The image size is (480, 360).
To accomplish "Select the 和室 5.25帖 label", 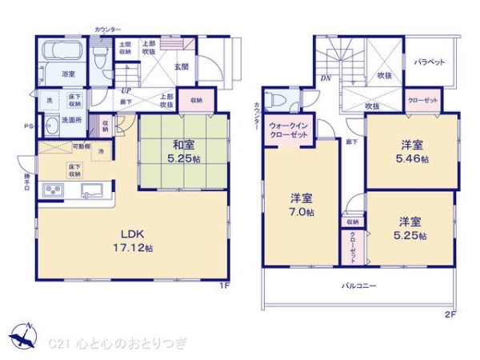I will pyautogui.click(x=183, y=150).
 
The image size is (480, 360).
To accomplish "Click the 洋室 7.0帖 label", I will pyautogui.click(x=302, y=206).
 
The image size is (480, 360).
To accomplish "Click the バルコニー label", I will pyautogui.click(x=359, y=285).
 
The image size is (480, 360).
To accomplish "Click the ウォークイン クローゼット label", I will pyautogui.click(x=286, y=130).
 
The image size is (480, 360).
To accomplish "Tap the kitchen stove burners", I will pyautogui.click(x=53, y=191).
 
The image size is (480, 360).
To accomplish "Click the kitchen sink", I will pyautogui.click(x=90, y=190).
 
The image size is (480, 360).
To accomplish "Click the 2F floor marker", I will pyautogui.click(x=451, y=314).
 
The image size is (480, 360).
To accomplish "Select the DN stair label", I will pyautogui.click(x=326, y=78).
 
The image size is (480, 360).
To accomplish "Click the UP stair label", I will pyautogui.click(x=126, y=90).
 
